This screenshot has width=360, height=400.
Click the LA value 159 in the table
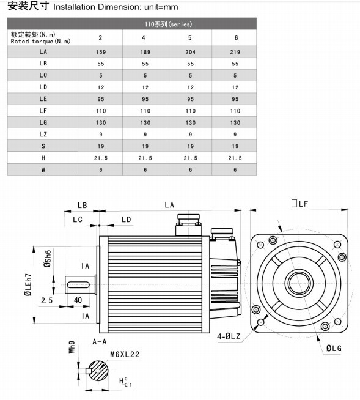point(101,52)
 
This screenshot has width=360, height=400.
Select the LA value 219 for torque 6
point(235,52)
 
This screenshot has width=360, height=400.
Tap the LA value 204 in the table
point(190,52)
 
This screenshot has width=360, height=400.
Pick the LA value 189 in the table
point(145,52)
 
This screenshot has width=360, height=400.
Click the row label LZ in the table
point(43,134)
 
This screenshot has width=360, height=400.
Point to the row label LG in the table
point(43,122)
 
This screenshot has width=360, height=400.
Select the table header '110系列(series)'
point(167,24)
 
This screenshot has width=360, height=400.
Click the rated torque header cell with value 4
point(145,38)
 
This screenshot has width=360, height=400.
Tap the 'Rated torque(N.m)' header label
point(40,41)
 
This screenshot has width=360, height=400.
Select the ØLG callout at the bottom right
point(334,347)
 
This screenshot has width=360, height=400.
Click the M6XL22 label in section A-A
point(125,354)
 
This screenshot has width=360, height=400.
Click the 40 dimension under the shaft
point(78,301)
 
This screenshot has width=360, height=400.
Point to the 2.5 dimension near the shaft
point(48,301)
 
